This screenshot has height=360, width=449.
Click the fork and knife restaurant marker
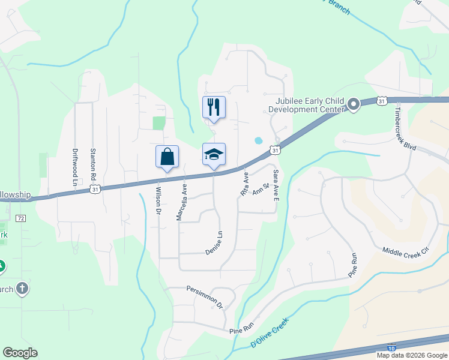[214, 107]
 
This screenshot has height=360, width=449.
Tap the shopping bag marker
[167, 157]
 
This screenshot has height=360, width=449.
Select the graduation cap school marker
[214, 155]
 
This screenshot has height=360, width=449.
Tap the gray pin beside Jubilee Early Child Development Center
[354, 105]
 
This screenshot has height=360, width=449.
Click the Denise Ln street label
[214, 243]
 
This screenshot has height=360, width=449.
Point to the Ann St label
[260, 190]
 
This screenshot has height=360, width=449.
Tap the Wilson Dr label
[159, 202]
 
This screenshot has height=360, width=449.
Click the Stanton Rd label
[93, 165]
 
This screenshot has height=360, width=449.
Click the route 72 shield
[21, 218]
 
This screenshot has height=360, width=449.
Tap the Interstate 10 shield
[391, 348]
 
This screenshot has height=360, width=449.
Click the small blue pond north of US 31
[258, 140]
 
